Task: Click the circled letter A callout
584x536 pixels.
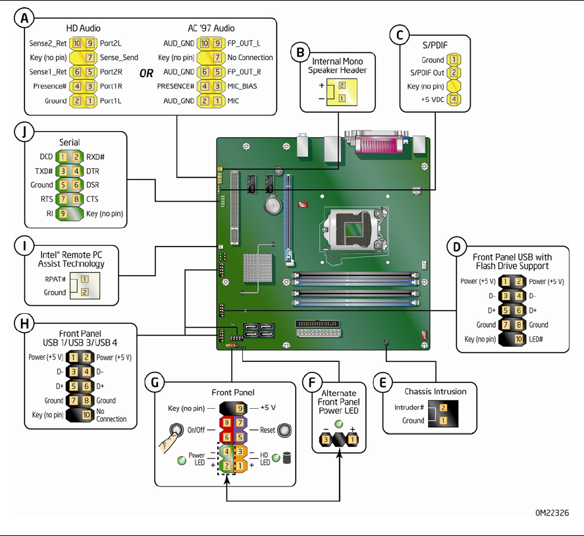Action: tap(25, 19)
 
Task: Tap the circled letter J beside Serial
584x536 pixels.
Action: tap(25, 132)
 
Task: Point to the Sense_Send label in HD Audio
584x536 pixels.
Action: tap(119, 57)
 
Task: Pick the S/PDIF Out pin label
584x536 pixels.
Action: tap(427, 73)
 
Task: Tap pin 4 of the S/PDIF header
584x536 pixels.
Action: tap(454, 100)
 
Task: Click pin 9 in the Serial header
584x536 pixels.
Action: tap(63, 214)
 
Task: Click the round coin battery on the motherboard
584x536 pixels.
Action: tap(272, 207)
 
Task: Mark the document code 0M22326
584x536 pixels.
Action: tap(551, 512)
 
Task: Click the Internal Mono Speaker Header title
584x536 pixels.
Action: tap(338, 66)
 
